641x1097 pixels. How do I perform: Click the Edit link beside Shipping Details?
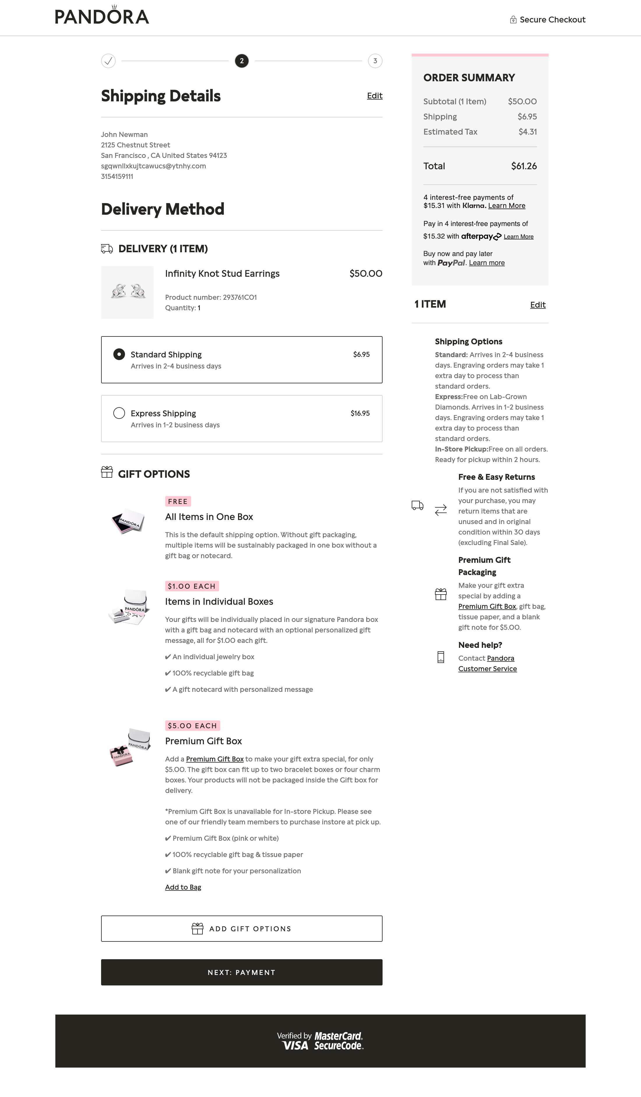click(374, 96)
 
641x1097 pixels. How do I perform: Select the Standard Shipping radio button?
click(119, 354)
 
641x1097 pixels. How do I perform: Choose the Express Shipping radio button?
click(119, 413)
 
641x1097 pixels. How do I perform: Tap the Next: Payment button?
click(242, 973)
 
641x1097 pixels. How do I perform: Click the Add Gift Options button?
click(242, 929)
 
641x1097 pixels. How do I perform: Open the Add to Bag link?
click(183, 887)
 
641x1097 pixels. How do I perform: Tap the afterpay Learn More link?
click(518, 237)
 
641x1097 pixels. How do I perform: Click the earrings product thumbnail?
click(127, 292)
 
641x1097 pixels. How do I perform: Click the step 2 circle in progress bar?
click(242, 61)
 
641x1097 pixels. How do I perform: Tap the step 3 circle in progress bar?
click(375, 61)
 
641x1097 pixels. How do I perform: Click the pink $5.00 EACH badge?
click(193, 726)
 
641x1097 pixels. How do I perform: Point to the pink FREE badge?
click(178, 502)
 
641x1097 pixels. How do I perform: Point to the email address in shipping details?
click(153, 166)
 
